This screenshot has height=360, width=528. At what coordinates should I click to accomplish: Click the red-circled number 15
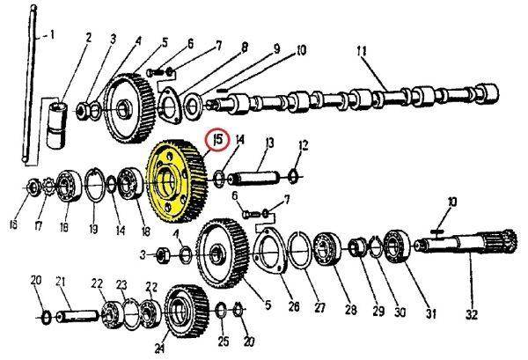218,139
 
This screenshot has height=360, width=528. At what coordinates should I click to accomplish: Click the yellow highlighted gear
175,180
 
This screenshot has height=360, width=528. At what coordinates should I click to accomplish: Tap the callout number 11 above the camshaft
362,51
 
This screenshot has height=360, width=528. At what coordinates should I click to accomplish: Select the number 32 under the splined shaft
471,315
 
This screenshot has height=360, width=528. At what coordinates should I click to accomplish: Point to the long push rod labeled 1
29,84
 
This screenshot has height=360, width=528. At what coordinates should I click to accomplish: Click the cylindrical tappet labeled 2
56,125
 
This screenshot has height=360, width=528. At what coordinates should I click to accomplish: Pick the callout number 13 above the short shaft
269,143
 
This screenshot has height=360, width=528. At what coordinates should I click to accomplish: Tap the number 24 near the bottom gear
159,349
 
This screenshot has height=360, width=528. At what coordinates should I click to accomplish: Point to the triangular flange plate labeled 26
270,250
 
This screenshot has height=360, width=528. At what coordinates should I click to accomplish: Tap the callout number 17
39,225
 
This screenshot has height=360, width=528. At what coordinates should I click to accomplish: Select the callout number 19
93,229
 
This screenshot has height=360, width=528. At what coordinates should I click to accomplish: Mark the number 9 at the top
276,49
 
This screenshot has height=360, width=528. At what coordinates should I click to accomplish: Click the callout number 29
378,312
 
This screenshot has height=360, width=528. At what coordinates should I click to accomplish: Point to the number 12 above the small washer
304,145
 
